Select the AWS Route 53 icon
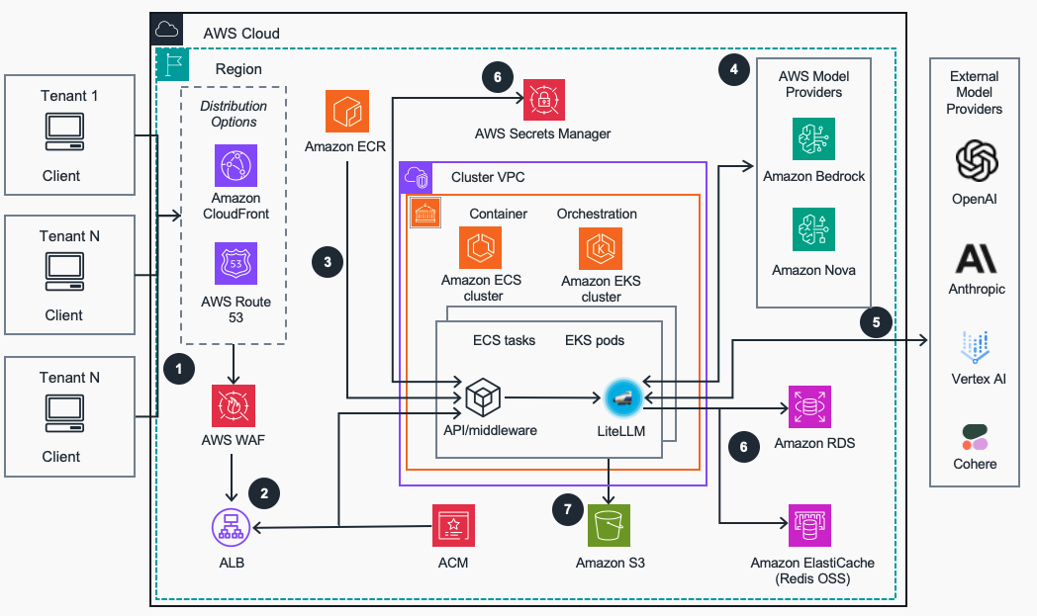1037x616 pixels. [x=236, y=264]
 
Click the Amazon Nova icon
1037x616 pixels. [x=813, y=228]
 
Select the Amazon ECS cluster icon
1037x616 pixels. [x=480, y=248]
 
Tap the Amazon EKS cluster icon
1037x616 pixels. [x=601, y=248]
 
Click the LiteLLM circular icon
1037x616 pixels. [x=623, y=396]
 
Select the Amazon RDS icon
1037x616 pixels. [x=810, y=406]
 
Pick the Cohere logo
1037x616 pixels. [x=975, y=436]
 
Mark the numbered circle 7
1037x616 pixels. [x=567, y=510]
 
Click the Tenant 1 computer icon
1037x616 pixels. [x=68, y=133]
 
